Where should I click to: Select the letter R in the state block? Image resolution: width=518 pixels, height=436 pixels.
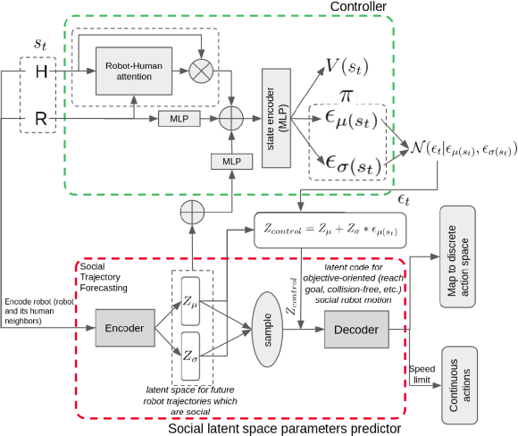pyautogui.click(x=40, y=116)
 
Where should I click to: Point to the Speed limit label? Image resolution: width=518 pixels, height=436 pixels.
pyautogui.click(x=421, y=375)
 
